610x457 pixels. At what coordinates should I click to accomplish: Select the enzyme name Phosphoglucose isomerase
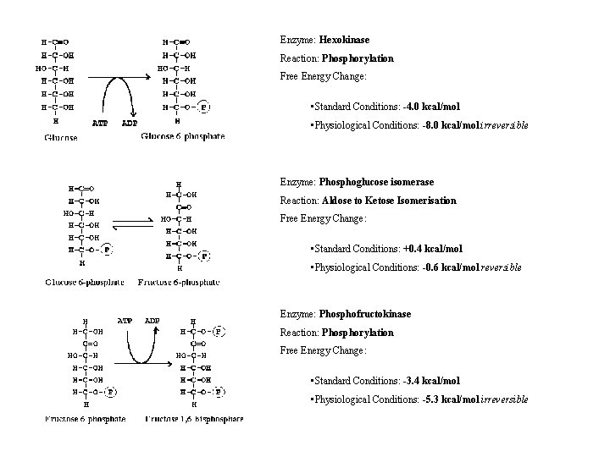click(x=377, y=182)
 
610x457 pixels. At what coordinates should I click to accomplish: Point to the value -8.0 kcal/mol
click(x=444, y=125)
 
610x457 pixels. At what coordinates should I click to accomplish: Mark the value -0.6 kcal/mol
click(x=444, y=267)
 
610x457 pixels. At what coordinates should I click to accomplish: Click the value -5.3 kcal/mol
click(x=444, y=399)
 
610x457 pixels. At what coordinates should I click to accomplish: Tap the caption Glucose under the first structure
click(x=61, y=138)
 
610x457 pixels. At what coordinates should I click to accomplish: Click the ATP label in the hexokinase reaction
click(x=99, y=122)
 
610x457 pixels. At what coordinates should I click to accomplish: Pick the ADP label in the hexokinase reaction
click(x=130, y=122)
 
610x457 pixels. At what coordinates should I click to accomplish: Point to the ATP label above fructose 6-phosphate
click(x=124, y=321)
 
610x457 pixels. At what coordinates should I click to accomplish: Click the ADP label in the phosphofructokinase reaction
click(x=152, y=321)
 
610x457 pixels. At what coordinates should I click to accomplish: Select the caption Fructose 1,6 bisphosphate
click(x=194, y=419)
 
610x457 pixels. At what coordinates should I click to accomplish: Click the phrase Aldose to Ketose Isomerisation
click(x=389, y=201)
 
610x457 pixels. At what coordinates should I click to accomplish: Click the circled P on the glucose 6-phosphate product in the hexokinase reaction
click(x=205, y=107)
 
